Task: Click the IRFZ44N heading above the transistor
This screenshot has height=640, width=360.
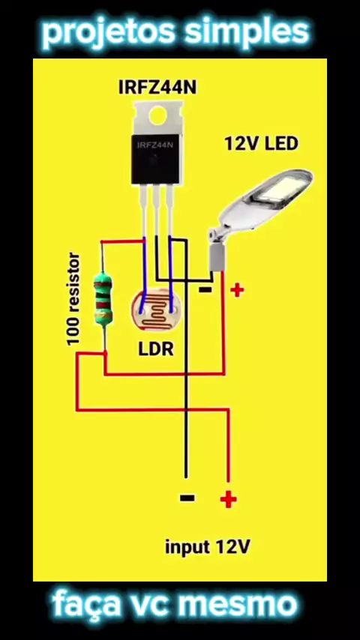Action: (157, 88)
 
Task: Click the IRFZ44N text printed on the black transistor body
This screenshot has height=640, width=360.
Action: (155, 145)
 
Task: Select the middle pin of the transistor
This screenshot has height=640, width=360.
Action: (157, 211)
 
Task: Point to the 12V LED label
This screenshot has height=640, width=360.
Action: (262, 144)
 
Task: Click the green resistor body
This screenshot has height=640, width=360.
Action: (103, 299)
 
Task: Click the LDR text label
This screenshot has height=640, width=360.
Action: (156, 349)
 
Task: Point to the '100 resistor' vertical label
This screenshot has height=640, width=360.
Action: (74, 299)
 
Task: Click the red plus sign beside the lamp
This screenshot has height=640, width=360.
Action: (237, 290)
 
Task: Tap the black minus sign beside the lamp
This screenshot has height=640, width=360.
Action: (205, 290)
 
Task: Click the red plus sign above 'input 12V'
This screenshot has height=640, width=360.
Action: (228, 499)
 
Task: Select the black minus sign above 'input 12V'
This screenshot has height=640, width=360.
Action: (187, 498)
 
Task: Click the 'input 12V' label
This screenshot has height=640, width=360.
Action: (207, 547)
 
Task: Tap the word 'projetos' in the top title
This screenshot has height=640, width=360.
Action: (109, 33)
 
